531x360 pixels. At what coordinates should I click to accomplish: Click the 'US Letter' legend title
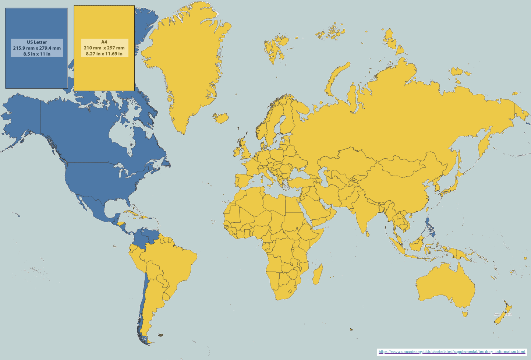pos(37,42)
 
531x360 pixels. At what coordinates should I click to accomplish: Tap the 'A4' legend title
pos(104,42)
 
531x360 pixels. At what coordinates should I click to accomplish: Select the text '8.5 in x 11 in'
pos(37,54)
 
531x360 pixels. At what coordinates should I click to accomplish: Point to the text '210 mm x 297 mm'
pos(104,48)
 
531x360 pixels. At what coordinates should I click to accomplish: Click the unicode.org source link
pos(452,352)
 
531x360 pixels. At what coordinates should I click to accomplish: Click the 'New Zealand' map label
pos(503,314)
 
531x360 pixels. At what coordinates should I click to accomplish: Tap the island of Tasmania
pos(465,314)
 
